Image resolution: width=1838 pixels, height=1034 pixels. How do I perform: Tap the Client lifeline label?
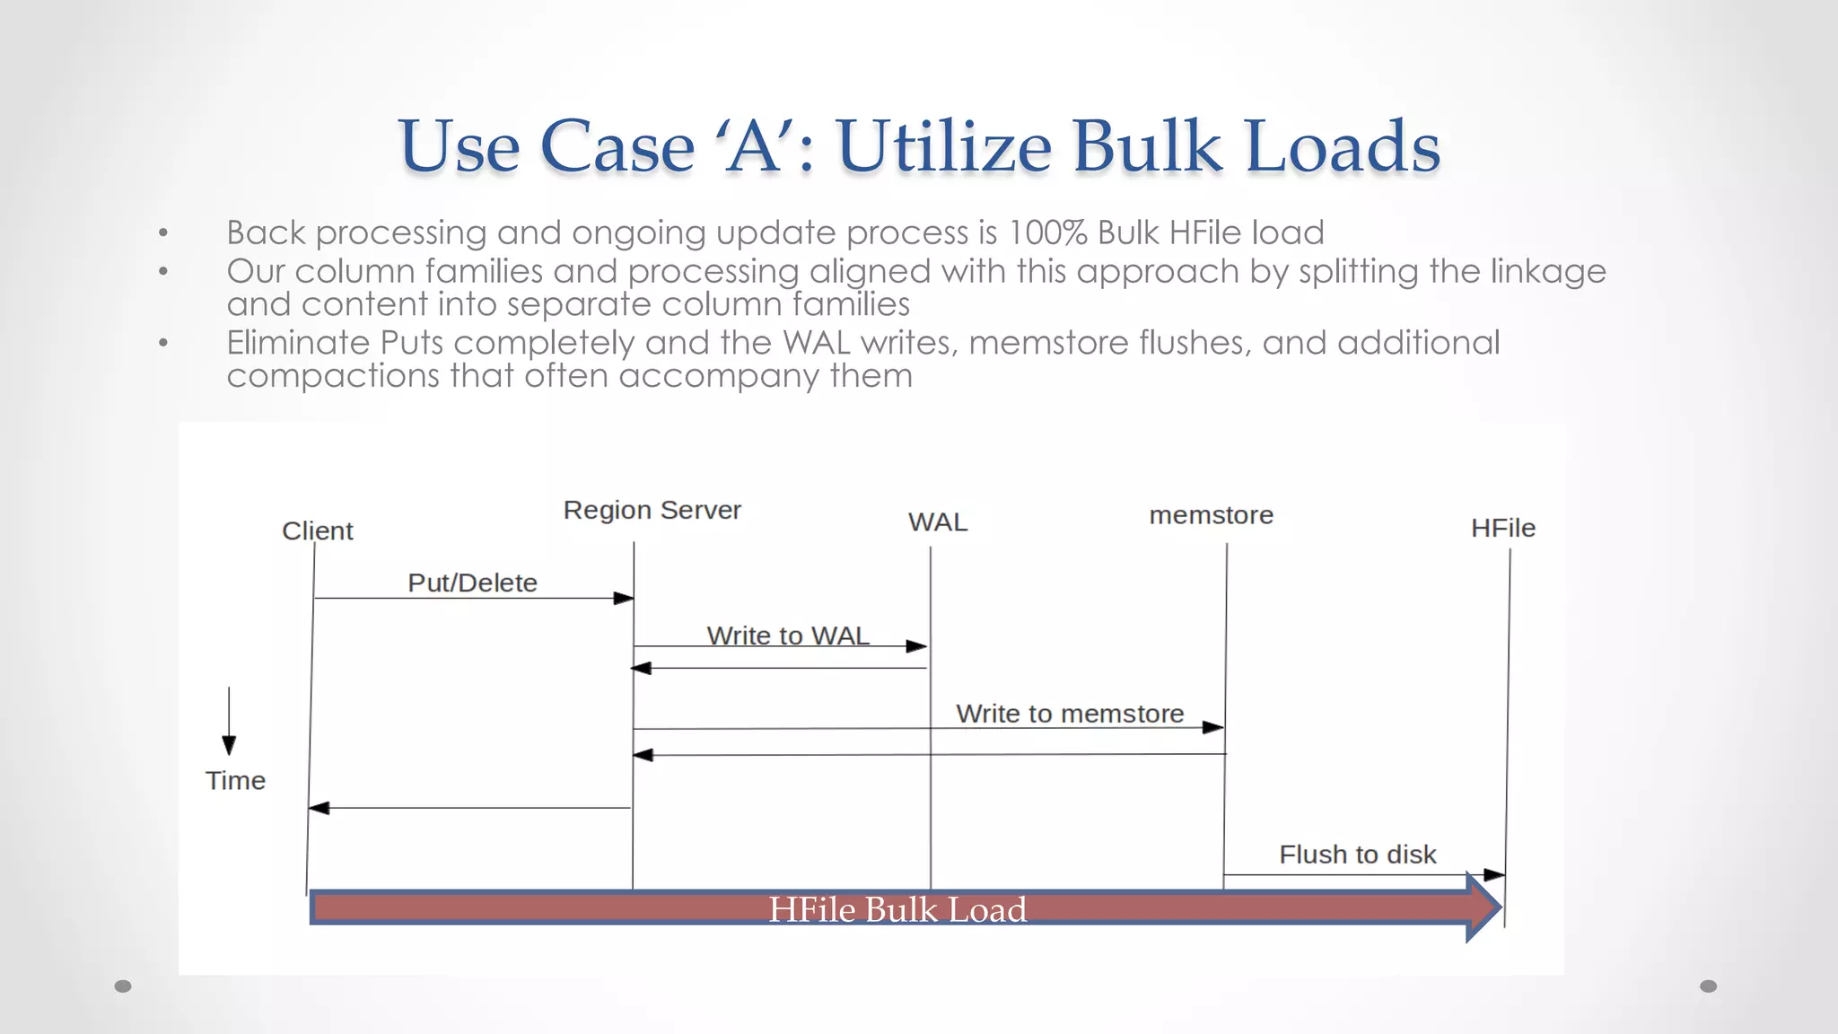coord(318,531)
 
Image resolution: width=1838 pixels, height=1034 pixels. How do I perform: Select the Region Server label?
coord(652,510)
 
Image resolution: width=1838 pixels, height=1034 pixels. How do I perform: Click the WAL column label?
coord(938,522)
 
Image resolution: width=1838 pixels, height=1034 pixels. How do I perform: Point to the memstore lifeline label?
coord(1211,515)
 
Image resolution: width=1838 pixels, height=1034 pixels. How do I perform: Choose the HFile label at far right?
coord(1502,529)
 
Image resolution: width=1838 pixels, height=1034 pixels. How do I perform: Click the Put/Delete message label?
coord(472,583)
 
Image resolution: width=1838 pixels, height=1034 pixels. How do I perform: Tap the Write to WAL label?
coord(788,636)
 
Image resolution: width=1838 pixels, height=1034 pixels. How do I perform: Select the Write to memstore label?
coord(1070,714)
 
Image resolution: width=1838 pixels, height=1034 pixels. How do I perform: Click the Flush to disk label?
coord(1357,854)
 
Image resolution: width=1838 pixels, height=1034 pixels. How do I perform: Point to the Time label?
coord(235,781)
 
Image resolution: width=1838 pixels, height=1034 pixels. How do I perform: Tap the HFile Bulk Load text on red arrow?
coord(897,910)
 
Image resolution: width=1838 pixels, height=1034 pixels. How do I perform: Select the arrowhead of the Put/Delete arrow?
coord(624,599)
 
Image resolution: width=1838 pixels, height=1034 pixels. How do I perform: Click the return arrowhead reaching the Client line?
coord(319,809)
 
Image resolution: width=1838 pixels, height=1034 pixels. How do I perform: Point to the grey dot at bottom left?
coord(123,986)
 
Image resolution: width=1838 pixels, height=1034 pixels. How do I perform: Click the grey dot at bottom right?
coord(1708,986)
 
